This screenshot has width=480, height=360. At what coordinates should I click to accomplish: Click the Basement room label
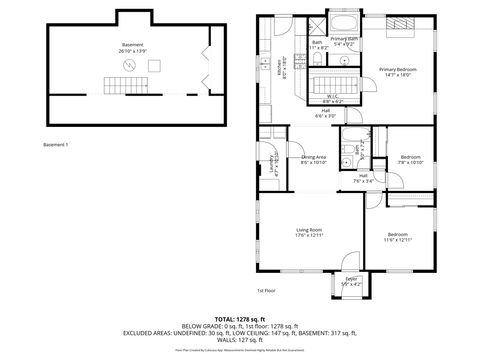pyautogui.click(x=132, y=47)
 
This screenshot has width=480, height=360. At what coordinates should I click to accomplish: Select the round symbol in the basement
pyautogui.click(x=127, y=66)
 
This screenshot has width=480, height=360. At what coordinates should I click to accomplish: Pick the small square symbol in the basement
pyautogui.click(x=154, y=65)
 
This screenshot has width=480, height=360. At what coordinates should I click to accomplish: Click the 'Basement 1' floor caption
pyautogui.click(x=56, y=146)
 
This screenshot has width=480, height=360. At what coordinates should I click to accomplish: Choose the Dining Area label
pyautogui.click(x=314, y=159)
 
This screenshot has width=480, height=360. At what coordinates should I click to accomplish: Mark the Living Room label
pyautogui.click(x=308, y=233)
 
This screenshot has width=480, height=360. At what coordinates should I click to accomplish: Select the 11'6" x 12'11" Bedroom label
pyautogui.click(x=397, y=237)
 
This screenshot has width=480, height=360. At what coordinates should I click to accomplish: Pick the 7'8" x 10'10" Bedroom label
pyautogui.click(x=410, y=159)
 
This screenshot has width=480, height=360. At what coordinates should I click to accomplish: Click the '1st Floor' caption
pyautogui.click(x=265, y=291)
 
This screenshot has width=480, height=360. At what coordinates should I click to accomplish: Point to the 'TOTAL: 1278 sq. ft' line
pyautogui.click(x=240, y=317)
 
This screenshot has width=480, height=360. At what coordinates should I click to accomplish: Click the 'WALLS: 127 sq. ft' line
pyautogui.click(x=240, y=340)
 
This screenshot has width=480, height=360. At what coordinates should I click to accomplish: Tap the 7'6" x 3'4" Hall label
pyautogui.click(x=362, y=181)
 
